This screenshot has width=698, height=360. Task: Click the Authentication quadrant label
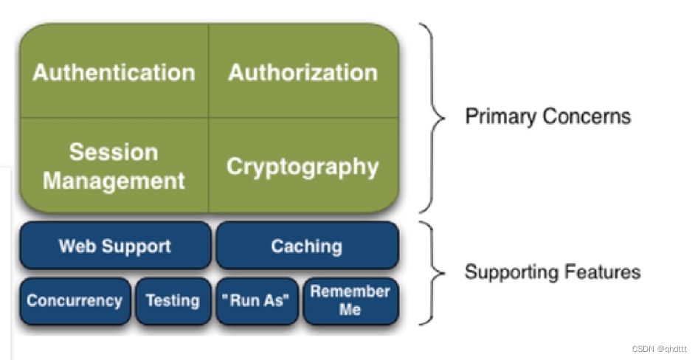[114, 72]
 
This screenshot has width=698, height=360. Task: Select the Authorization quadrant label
[303, 72]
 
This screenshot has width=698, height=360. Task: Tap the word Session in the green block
[114, 152]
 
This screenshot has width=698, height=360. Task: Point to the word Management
[114, 180]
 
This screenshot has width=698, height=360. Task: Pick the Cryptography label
[303, 166]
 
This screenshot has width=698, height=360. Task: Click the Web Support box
[114, 246]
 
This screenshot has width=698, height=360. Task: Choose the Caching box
[306, 246]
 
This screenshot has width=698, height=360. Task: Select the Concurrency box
[75, 301]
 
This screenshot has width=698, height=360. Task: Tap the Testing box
[173, 301]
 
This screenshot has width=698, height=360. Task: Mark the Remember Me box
[350, 300]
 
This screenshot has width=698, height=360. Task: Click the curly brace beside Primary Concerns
[435, 117]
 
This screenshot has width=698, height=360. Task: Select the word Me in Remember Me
[350, 310]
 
